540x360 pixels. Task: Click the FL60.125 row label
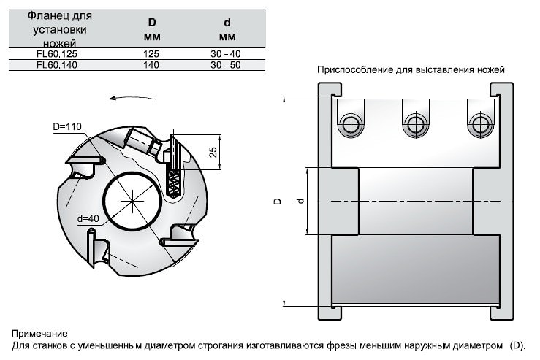coord(57,54)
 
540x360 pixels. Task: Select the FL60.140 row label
coord(57,65)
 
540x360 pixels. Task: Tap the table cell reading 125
coord(151,54)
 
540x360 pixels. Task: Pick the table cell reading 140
coord(151,65)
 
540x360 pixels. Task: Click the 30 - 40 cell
coord(226,54)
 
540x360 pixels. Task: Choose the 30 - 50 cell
coord(226,65)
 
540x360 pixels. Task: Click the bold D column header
coord(152,23)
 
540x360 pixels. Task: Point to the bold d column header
coord(227,23)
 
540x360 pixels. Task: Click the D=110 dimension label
coord(67,126)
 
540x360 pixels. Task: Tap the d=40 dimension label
coord(88,218)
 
